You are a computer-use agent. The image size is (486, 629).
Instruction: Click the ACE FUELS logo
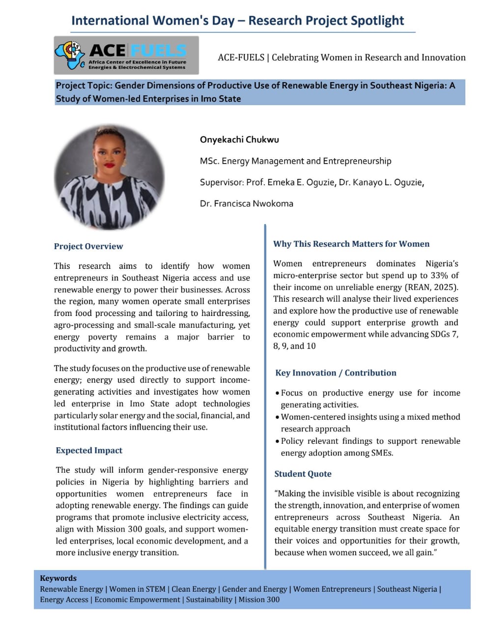pos(126,55)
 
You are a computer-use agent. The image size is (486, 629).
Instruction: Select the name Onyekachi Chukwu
pos(239,140)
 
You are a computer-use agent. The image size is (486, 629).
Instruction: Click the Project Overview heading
pos(88,246)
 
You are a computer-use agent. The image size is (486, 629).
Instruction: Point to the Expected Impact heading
pos(89,450)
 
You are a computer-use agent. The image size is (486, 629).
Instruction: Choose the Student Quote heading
pos(303,474)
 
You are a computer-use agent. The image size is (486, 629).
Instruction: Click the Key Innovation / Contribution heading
pos(336,372)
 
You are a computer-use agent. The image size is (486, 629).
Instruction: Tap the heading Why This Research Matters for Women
pos(351,244)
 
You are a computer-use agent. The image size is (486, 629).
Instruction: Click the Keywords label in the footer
pos(58,578)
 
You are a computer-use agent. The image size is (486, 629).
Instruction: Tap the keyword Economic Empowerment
pos(137,600)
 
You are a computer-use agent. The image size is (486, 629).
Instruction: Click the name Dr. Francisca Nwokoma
pos(246,203)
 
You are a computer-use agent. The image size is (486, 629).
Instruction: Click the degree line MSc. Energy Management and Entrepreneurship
pos(295,161)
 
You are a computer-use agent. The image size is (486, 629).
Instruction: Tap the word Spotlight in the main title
pos(377,21)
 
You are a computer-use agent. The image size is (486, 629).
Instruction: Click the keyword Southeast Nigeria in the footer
pos(406,589)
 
